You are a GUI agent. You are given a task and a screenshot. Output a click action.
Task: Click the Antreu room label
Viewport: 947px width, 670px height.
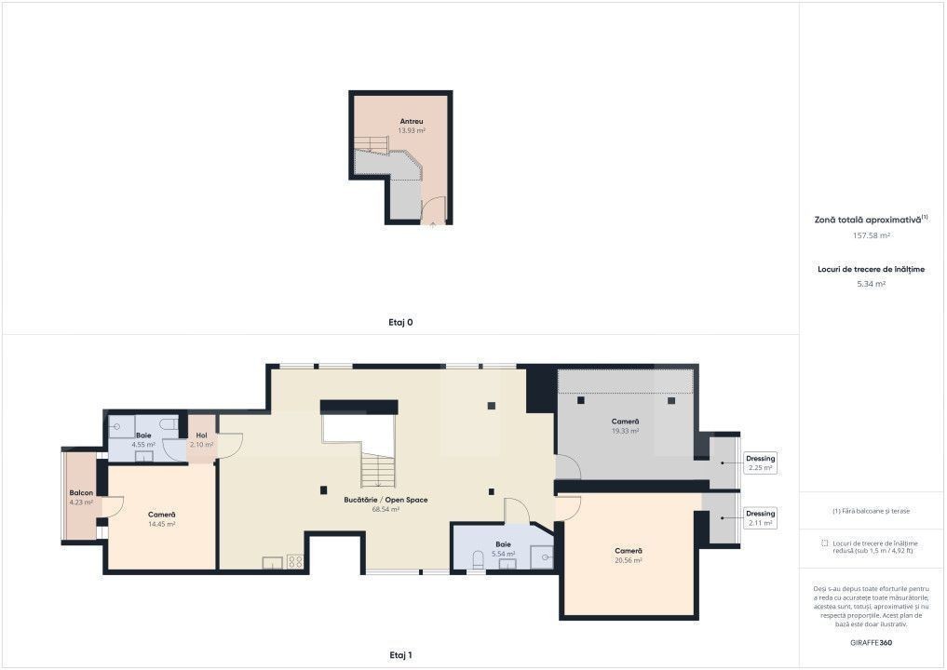click(412, 121)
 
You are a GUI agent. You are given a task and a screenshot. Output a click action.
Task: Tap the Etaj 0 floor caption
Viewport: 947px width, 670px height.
click(400, 322)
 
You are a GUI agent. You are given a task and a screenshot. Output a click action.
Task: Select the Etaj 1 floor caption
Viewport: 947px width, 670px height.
click(400, 655)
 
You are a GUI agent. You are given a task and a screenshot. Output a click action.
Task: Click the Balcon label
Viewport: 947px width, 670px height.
click(81, 493)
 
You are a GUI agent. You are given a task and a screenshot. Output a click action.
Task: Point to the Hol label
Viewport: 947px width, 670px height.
click(201, 435)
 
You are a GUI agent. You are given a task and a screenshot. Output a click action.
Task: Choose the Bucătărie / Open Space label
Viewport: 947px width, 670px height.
click(386, 500)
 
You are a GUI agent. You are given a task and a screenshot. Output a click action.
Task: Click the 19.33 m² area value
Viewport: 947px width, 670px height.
click(625, 431)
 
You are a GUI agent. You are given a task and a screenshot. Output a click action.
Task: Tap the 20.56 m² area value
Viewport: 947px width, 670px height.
click(629, 560)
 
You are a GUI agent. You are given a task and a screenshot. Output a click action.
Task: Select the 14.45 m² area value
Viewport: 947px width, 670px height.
click(161, 524)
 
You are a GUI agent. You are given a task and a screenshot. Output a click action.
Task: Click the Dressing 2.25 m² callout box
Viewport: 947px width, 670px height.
click(760, 463)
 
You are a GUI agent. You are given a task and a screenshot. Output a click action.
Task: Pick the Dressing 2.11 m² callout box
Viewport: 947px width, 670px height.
click(760, 518)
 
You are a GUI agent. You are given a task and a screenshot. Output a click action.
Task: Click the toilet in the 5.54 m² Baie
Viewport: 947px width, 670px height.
click(478, 559)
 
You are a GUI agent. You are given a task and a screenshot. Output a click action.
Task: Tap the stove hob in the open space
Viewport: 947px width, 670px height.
click(295, 561)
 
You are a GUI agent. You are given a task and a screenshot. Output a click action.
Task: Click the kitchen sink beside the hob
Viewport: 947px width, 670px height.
click(273, 563)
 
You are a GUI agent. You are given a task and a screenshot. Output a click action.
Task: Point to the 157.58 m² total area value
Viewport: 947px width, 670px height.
click(871, 235)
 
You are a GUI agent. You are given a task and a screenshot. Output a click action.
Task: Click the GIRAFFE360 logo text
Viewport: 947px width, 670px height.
click(871, 643)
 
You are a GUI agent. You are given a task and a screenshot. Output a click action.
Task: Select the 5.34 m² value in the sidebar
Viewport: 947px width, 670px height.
click(871, 284)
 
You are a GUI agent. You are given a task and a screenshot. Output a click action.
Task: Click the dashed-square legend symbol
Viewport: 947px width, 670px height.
click(824, 543)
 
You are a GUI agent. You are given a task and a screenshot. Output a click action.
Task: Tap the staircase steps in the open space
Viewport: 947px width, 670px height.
click(377, 471)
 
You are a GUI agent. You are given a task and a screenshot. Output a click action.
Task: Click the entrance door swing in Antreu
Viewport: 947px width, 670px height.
click(432, 210)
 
